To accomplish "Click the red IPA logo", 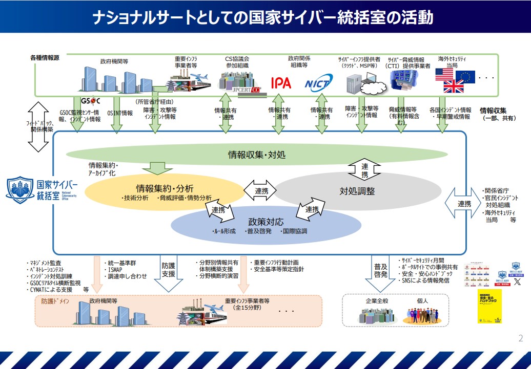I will (x=281, y=82).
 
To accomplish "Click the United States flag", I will (x=444, y=75).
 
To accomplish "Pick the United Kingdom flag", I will (x=453, y=86).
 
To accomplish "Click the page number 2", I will (x=521, y=338).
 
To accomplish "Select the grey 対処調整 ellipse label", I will (x=357, y=191).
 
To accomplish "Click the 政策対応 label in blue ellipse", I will (x=265, y=222).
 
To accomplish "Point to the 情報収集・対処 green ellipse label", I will (x=257, y=154).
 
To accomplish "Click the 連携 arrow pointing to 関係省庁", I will (x=463, y=204).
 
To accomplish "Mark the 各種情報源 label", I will (x=45, y=58).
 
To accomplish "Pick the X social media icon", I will (x=517, y=281).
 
